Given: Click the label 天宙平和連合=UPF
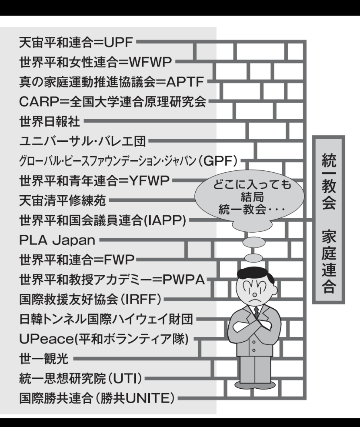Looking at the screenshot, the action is click(76, 43).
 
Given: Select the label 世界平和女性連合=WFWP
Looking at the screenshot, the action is click(96, 62).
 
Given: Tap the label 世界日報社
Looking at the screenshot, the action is click(50, 121).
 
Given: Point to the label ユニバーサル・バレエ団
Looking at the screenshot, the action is click(83, 141).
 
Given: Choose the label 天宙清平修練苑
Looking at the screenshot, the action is click(62, 201).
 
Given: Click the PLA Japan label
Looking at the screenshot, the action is click(57, 240).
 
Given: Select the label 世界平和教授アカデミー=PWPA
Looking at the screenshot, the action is click(112, 280).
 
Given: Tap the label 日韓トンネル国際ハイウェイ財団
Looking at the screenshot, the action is click(106, 319).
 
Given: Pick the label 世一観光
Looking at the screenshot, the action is click(44, 359).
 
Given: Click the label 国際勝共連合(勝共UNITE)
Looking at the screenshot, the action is click(97, 398).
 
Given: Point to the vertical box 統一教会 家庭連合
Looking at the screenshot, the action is click(328, 220).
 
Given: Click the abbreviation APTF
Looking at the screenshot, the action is click(185, 82).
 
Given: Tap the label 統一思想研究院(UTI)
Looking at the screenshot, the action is click(81, 379).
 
